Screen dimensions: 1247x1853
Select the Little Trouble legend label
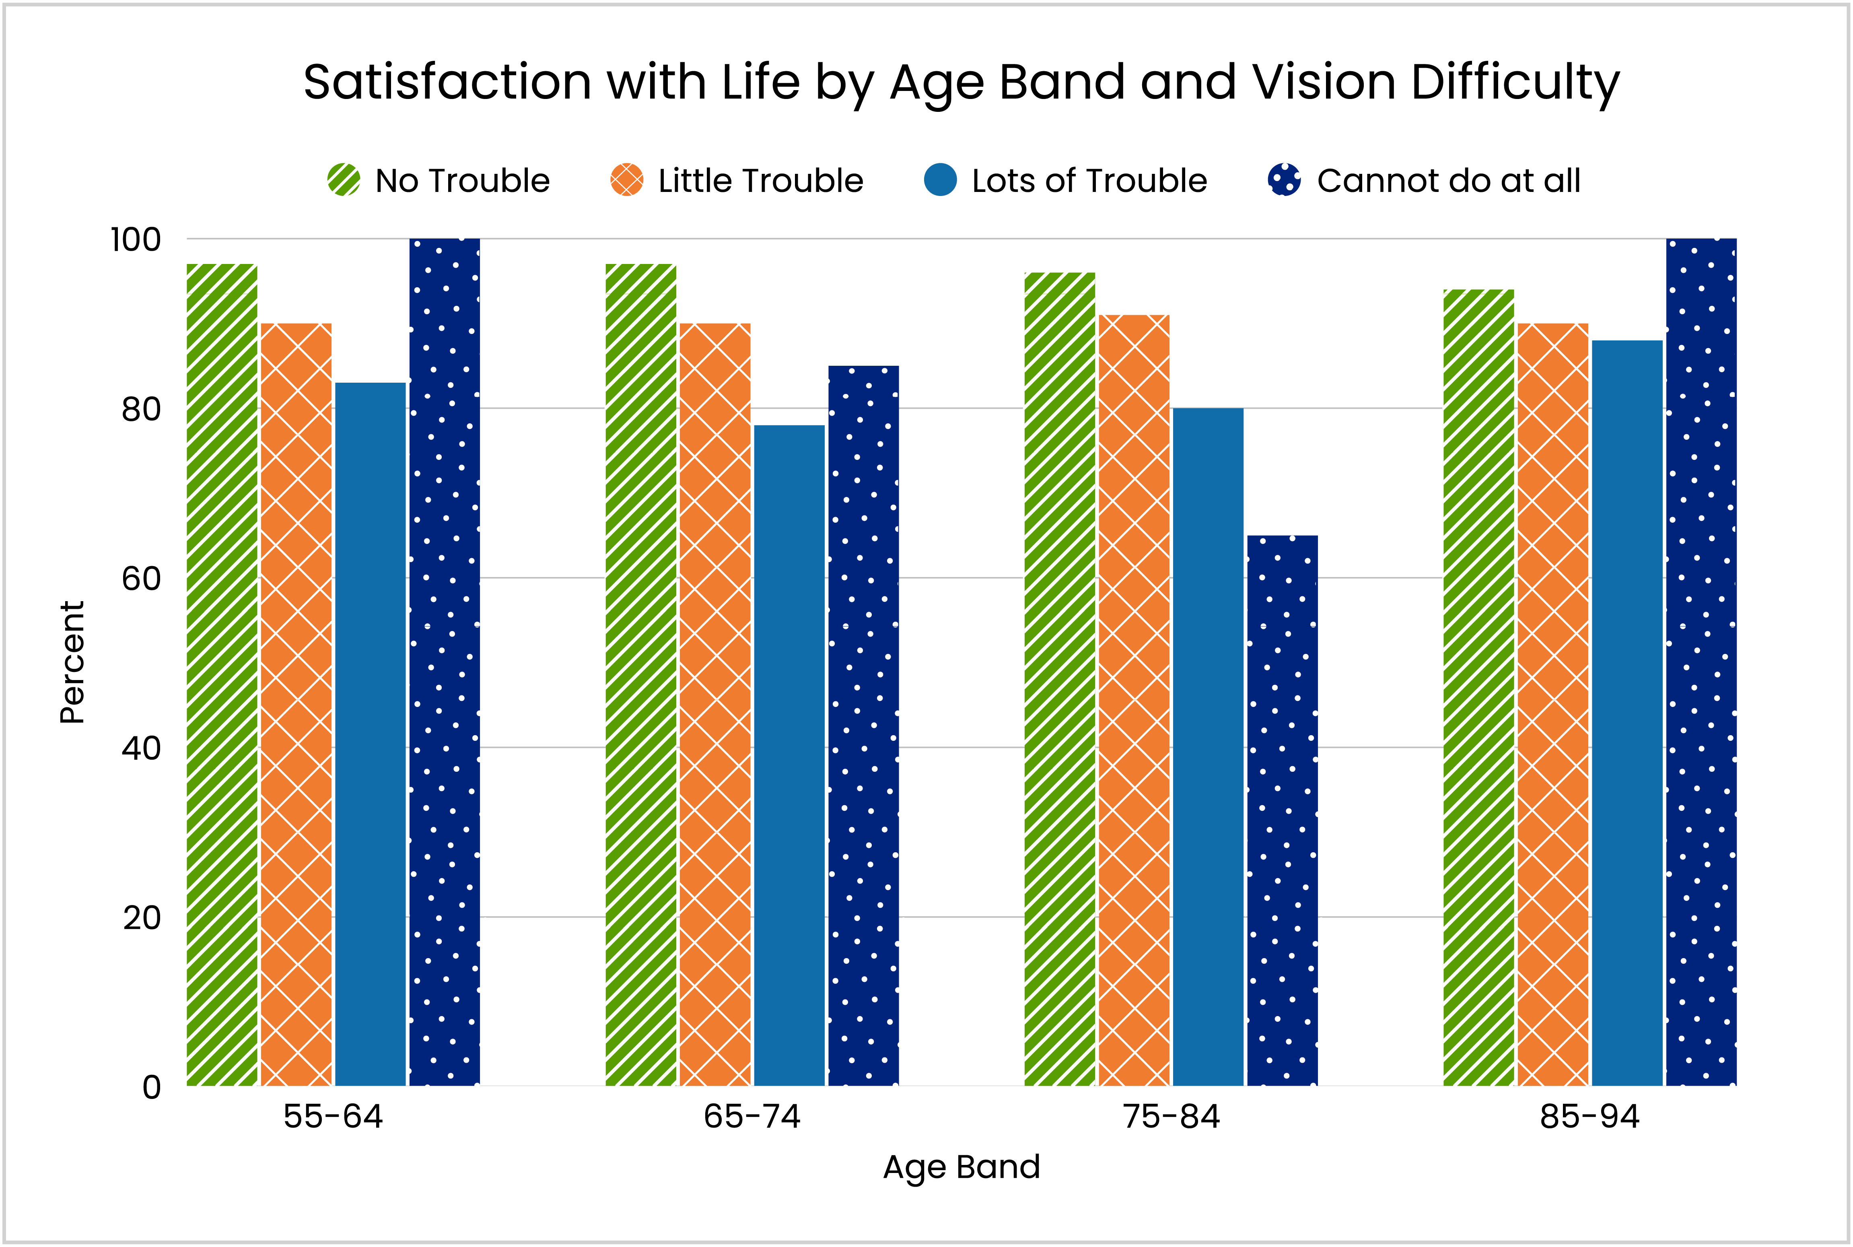pos(760,181)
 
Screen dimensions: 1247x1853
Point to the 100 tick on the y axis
pos(135,239)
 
